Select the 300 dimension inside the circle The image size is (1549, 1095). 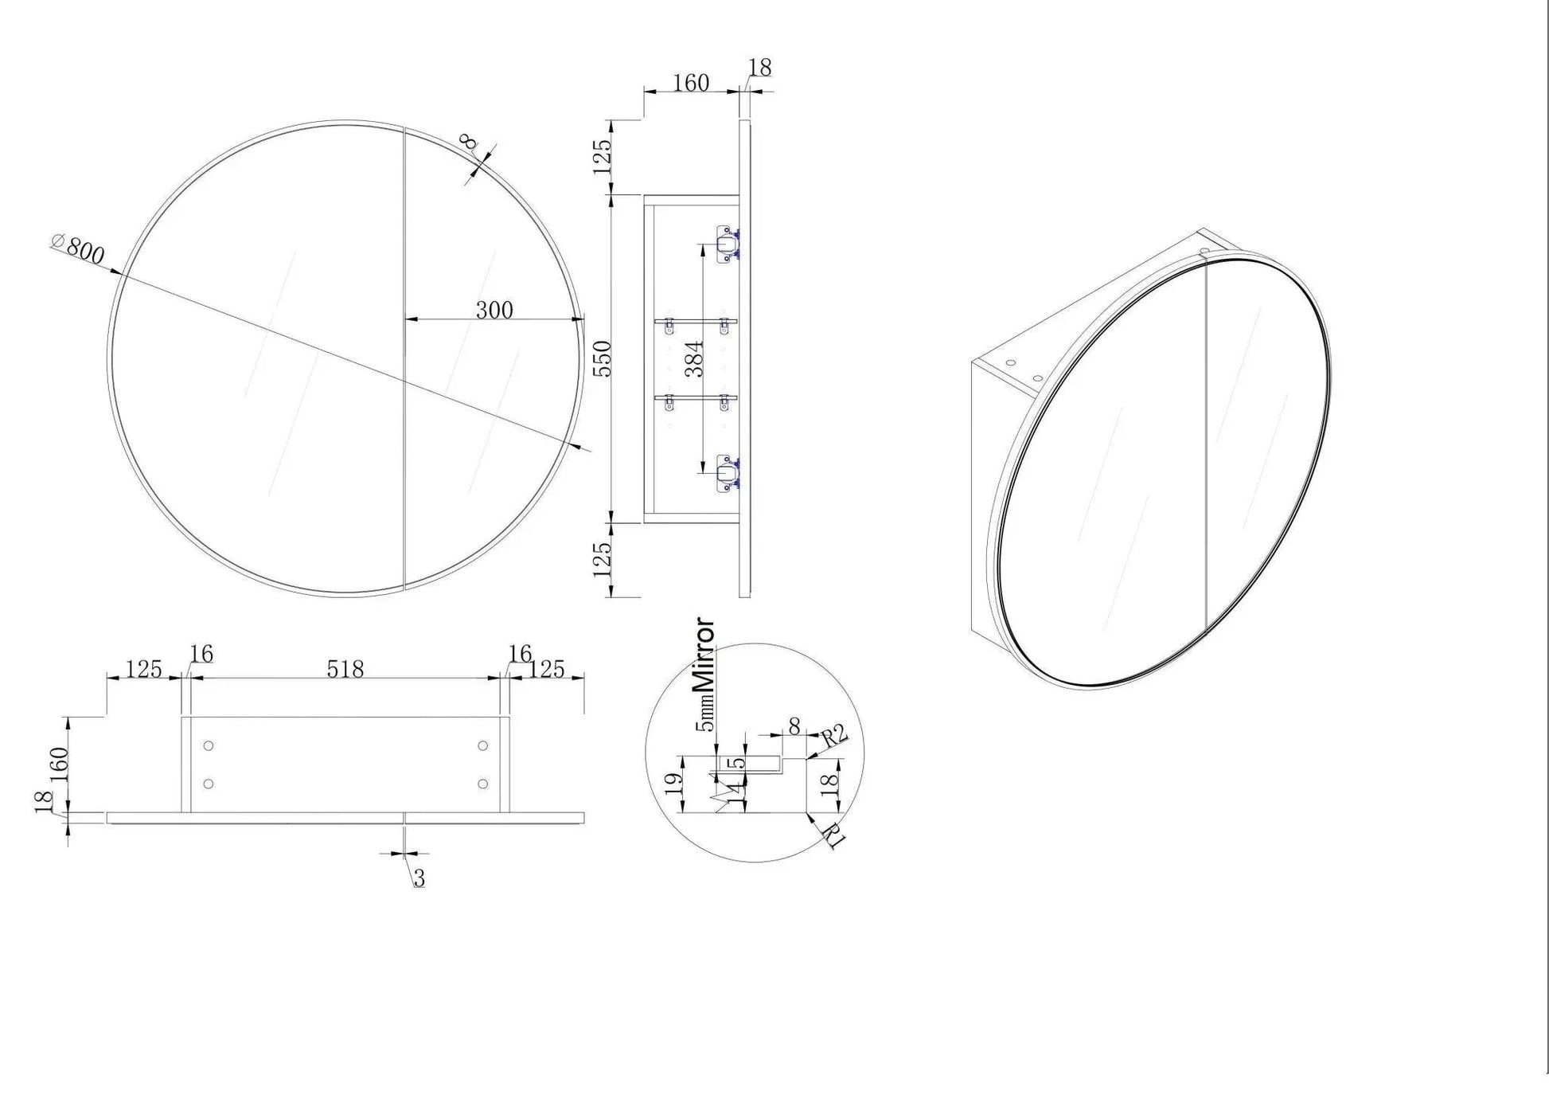pyautogui.click(x=494, y=310)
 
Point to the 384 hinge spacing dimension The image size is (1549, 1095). pyautogui.click(x=693, y=358)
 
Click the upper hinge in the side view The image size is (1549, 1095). pyautogui.click(x=725, y=244)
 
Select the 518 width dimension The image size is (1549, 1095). pyautogui.click(x=345, y=669)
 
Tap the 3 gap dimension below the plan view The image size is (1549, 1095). pyautogui.click(x=419, y=878)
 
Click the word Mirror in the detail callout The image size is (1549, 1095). pyautogui.click(x=704, y=655)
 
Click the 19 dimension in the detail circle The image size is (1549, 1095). pyautogui.click(x=674, y=783)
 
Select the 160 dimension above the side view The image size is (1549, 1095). pyautogui.click(x=690, y=83)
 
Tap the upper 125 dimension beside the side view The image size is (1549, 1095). pyautogui.click(x=603, y=156)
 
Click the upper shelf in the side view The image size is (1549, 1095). pyautogui.click(x=696, y=321)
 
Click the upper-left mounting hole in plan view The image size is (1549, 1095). pyautogui.click(x=209, y=745)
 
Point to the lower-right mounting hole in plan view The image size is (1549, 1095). pyautogui.click(x=483, y=784)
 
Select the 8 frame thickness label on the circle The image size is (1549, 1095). pyautogui.click(x=469, y=143)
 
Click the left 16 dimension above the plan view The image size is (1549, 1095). pyautogui.click(x=201, y=654)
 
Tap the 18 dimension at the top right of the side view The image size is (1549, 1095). pyautogui.click(x=760, y=68)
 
